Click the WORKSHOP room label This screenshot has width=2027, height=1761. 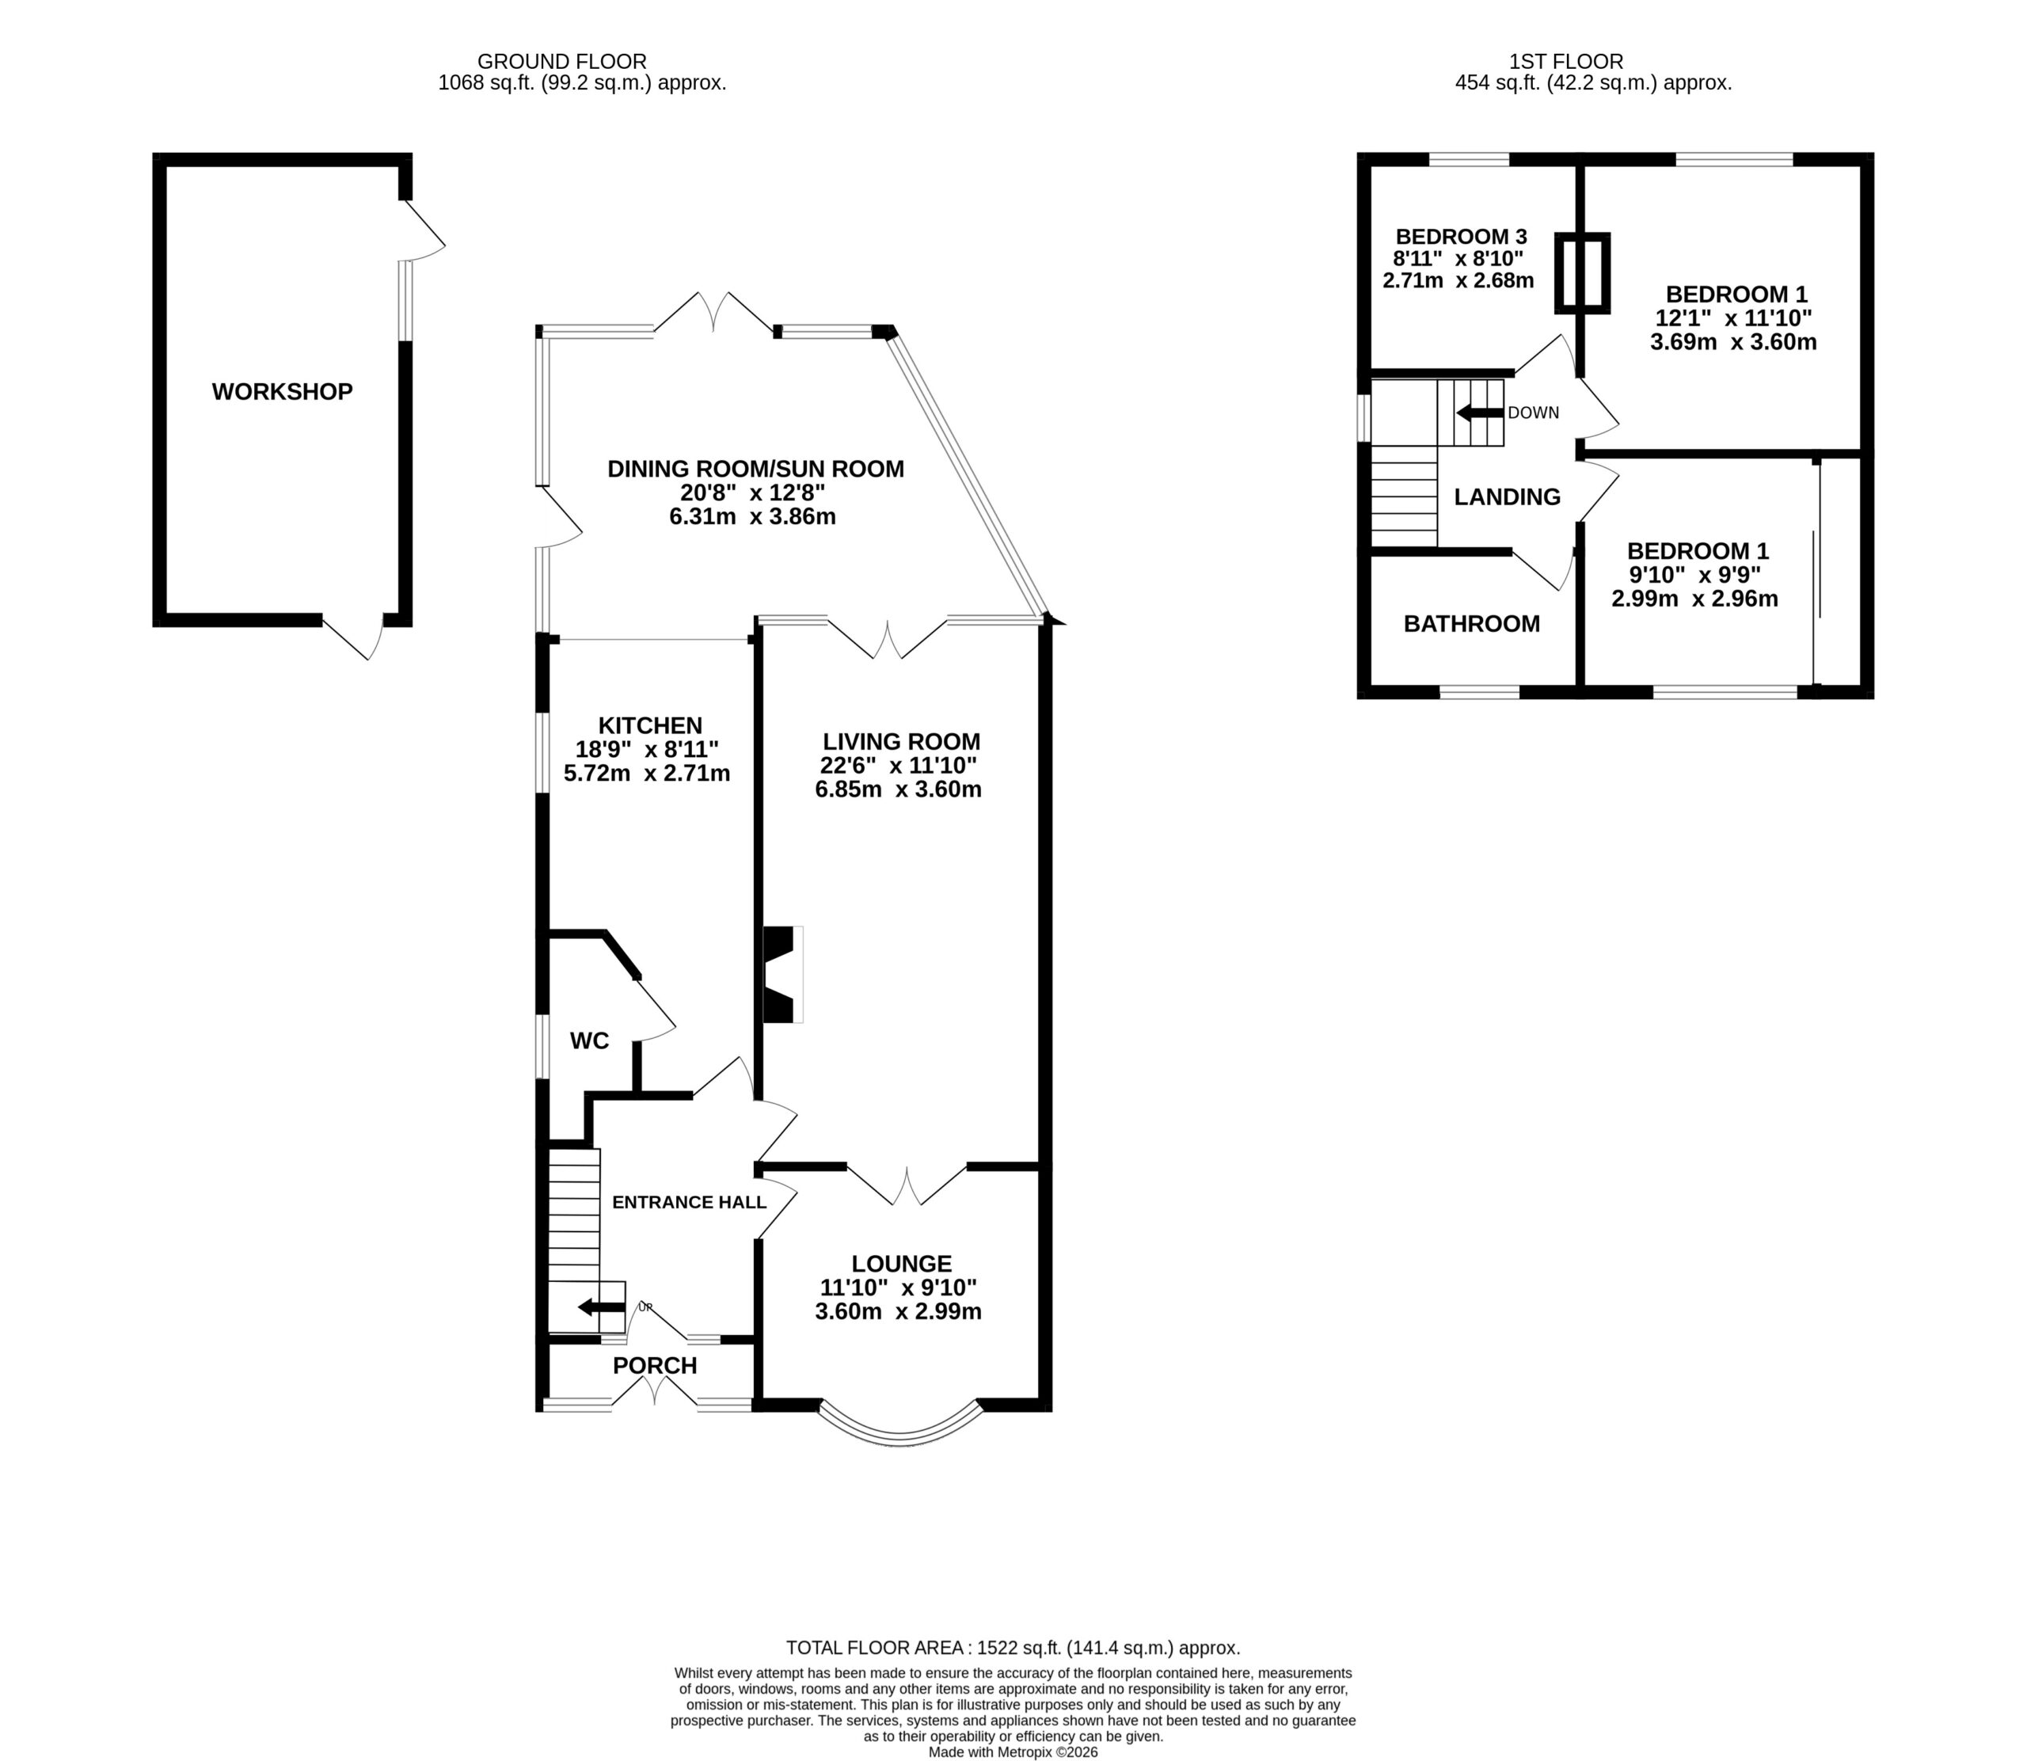click(282, 392)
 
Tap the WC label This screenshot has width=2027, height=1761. click(590, 1040)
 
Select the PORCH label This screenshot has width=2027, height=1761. click(654, 1365)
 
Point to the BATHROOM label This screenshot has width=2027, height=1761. click(1471, 624)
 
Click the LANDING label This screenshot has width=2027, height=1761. click(1508, 497)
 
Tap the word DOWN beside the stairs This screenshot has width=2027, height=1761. click(1534, 413)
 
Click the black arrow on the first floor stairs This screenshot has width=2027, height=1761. click(1480, 413)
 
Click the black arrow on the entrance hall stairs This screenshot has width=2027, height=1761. click(601, 1307)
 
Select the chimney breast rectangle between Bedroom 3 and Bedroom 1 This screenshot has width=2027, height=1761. click(1582, 273)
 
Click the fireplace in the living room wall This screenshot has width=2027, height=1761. click(782, 975)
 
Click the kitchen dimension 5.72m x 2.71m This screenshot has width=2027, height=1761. click(647, 774)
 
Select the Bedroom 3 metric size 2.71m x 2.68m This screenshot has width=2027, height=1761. click(1458, 280)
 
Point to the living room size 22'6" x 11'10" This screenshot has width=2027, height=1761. click(899, 766)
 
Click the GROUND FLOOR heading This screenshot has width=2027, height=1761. click(562, 62)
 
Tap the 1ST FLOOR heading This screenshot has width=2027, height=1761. click(1566, 62)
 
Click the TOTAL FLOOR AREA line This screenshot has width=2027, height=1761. click(1013, 1648)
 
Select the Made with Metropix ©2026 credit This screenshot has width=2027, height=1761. click(1013, 1752)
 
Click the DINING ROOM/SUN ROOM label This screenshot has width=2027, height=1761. click(755, 470)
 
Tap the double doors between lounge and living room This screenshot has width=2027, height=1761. click(907, 1185)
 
